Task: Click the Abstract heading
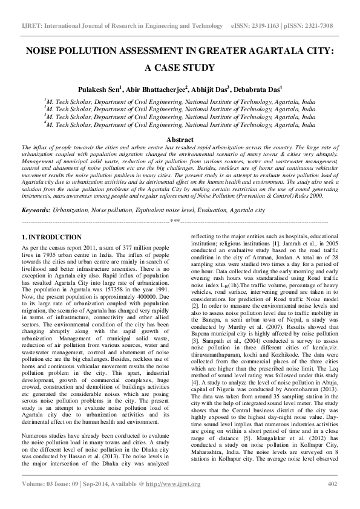coord(180,140)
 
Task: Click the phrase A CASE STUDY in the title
coord(179,68)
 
